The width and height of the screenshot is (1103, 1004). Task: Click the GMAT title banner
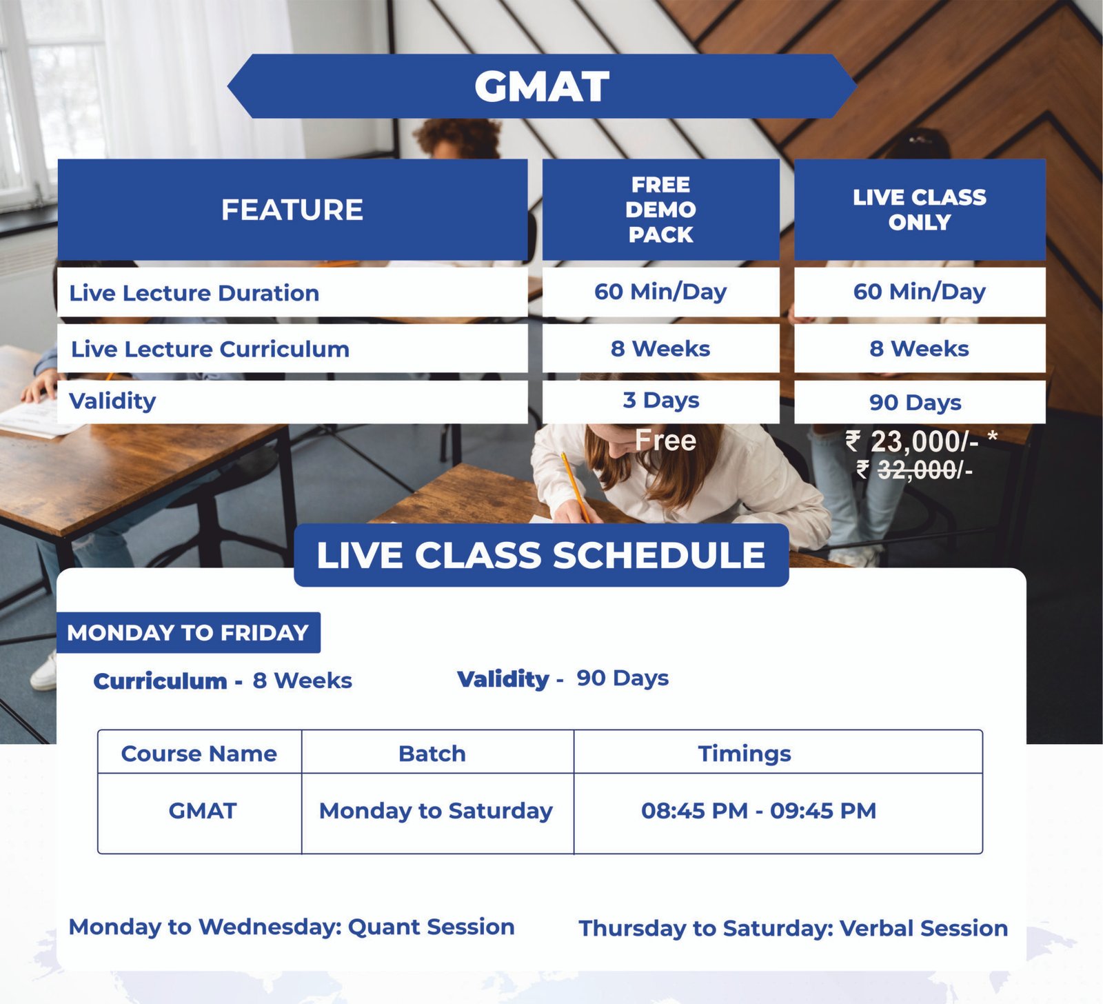tap(542, 86)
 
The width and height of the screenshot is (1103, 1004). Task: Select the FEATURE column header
tap(292, 210)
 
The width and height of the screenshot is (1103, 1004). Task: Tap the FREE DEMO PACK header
tap(660, 210)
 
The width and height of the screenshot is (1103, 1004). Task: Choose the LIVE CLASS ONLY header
tap(920, 210)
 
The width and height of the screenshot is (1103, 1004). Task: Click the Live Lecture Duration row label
tap(194, 293)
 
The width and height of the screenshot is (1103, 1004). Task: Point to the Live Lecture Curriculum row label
tap(210, 349)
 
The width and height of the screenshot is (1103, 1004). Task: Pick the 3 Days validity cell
tap(660, 401)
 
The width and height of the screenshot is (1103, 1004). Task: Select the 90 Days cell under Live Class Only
tap(920, 402)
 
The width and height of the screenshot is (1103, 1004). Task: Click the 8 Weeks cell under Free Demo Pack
tap(660, 348)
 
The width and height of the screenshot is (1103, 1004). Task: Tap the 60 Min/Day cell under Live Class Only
tap(920, 292)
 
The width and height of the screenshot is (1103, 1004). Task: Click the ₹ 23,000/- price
tap(921, 441)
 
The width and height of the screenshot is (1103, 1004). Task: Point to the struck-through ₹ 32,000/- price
tap(914, 470)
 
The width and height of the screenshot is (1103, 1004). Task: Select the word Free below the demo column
tap(665, 440)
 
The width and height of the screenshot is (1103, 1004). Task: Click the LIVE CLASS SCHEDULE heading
tap(541, 555)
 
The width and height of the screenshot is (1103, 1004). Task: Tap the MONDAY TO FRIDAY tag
tap(188, 632)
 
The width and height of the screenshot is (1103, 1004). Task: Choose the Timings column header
tap(745, 754)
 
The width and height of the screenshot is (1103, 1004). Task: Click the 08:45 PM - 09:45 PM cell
tap(758, 810)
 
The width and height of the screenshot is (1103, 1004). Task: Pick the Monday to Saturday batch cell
tap(436, 811)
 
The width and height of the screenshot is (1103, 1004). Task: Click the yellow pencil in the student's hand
tap(575, 487)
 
